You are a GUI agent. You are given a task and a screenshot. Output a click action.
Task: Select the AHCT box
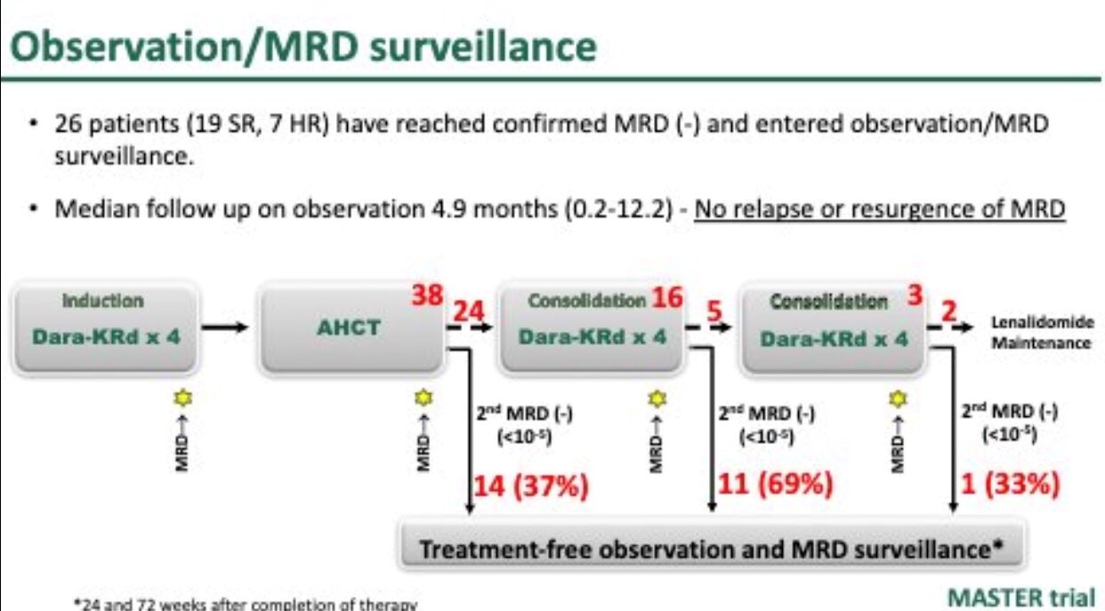[350, 327]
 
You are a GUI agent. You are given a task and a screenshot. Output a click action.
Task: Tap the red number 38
[428, 296]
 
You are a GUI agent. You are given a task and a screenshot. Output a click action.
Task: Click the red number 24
[471, 312]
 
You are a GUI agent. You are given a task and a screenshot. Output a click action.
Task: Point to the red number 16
[666, 298]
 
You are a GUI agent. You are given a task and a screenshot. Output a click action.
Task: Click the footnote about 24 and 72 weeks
[245, 604]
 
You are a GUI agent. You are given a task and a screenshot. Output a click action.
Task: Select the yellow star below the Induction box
[184, 398]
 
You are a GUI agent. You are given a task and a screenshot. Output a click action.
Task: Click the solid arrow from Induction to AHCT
[230, 327]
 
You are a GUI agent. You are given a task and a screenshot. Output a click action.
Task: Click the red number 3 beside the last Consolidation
[913, 296]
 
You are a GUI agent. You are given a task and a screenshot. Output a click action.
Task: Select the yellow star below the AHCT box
[421, 398]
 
